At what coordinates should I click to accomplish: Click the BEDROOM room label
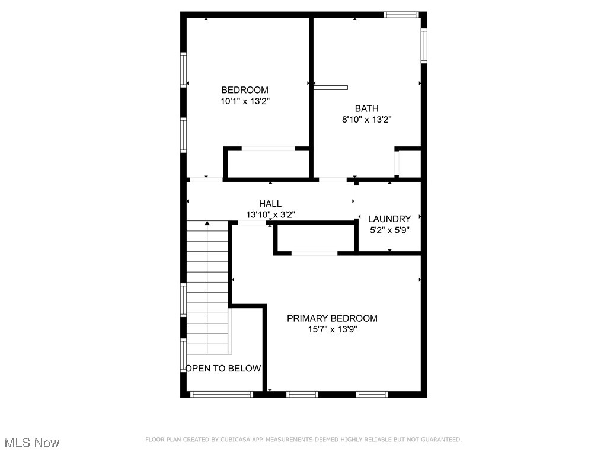(245, 90)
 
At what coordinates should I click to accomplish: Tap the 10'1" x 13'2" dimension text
(245, 101)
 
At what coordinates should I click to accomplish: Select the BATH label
(366, 108)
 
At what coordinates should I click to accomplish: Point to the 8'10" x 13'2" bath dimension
(366, 120)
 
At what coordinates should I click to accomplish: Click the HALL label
(270, 204)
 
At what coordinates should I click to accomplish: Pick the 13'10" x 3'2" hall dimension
(270, 214)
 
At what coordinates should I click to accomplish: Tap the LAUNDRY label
(389, 219)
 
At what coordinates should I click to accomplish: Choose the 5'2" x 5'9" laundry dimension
(389, 230)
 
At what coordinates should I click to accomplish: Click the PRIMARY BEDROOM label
(332, 318)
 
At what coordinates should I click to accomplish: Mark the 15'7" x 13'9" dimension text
(332, 329)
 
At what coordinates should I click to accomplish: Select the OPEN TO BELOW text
(223, 369)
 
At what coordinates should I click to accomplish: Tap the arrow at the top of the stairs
(207, 223)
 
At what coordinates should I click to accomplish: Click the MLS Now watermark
(32, 443)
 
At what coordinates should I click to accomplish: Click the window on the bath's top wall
(401, 15)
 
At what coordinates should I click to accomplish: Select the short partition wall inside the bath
(330, 88)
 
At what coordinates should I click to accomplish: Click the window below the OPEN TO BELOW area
(221, 394)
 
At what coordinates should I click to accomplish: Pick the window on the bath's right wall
(424, 46)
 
